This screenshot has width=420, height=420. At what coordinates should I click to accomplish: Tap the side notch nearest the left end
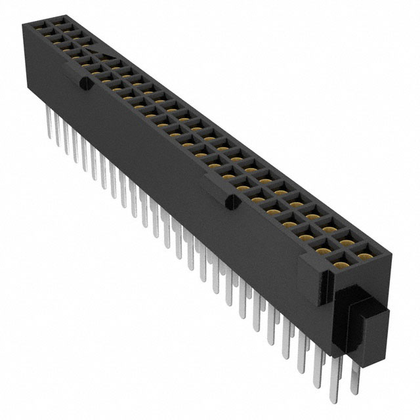point(84,84)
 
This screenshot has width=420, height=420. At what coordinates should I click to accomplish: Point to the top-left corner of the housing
point(24,22)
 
